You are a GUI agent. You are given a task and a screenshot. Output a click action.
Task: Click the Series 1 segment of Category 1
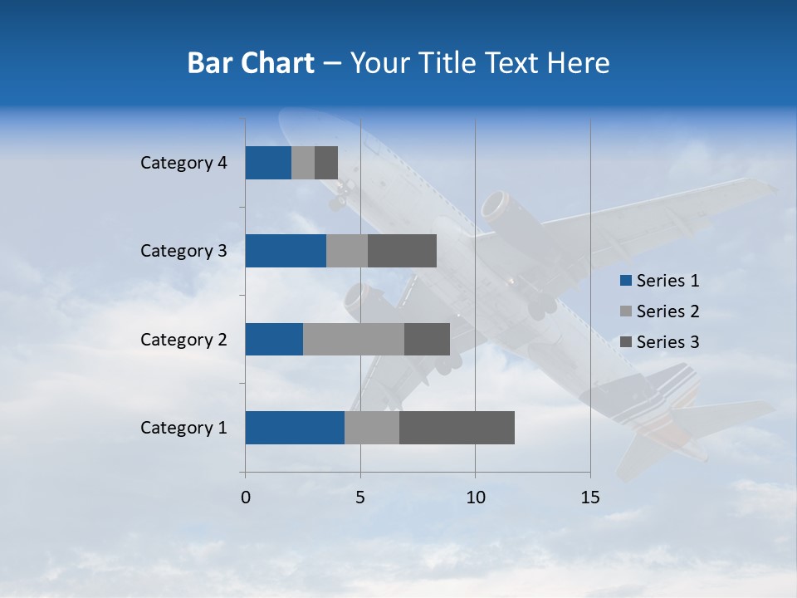(295, 428)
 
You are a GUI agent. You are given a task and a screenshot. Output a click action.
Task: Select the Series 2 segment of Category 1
(372, 428)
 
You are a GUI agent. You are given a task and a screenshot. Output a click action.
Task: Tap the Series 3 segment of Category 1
(457, 428)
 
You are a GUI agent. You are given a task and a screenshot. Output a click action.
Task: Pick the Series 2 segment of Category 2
(354, 339)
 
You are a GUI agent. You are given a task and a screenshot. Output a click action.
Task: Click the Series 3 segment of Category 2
(427, 339)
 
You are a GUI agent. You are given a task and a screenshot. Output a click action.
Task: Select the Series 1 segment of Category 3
(286, 251)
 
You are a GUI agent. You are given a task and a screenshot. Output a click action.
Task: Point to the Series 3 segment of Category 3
(402, 251)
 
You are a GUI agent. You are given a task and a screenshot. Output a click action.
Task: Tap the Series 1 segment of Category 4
(268, 163)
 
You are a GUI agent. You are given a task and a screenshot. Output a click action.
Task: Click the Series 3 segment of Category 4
(326, 163)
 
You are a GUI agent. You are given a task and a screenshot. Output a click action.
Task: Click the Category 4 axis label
(183, 163)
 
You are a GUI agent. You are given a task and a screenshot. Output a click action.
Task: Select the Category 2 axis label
(183, 339)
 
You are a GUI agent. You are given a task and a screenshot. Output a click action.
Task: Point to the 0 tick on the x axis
(246, 498)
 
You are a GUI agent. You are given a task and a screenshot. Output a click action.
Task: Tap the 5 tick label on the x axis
(360, 498)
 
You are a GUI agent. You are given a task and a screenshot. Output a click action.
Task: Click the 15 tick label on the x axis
(590, 498)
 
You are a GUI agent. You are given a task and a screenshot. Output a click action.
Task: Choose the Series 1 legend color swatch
(626, 281)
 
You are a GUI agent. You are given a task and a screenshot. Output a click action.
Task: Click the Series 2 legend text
(667, 311)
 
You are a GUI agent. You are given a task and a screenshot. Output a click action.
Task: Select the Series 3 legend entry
(660, 342)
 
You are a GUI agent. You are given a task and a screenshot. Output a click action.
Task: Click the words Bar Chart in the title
(251, 63)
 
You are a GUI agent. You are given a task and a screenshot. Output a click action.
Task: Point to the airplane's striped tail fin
(664, 399)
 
